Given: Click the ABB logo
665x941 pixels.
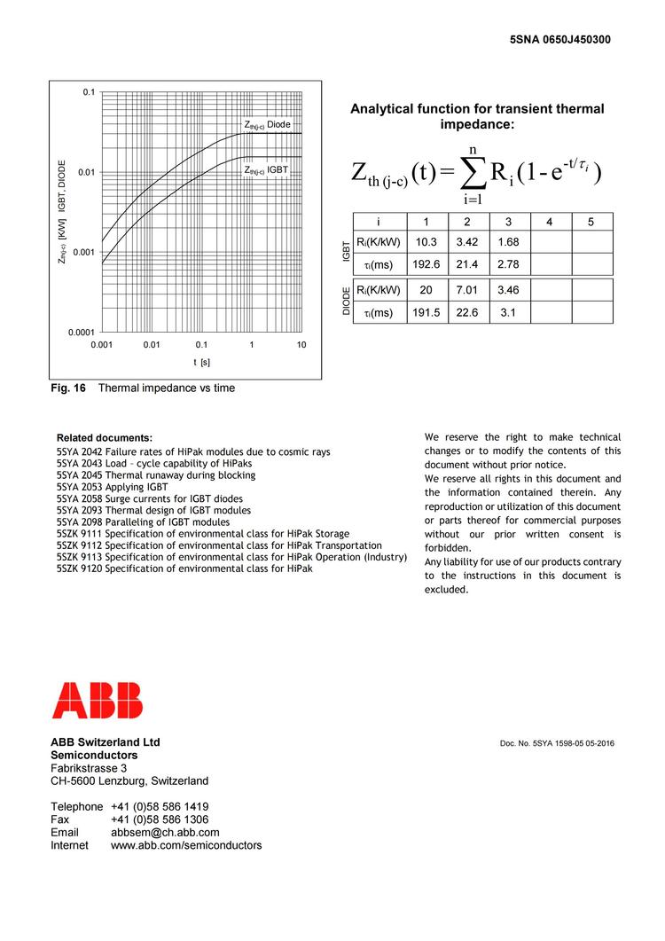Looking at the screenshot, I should pos(97,700).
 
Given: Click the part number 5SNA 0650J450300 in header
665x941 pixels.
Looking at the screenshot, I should pos(560,40).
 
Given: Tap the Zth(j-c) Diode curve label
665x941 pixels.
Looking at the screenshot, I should pos(268,125).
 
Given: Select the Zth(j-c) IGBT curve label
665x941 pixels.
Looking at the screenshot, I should pos(267,169).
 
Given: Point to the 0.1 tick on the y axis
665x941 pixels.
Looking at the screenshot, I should pos(89,92).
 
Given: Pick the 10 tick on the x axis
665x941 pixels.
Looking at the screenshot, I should pos(301,344).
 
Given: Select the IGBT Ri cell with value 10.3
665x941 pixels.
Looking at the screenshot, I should pos(426,242).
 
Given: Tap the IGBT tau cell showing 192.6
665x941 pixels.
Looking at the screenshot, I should pos(426,264).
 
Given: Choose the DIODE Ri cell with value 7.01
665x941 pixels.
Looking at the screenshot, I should pos(466,290).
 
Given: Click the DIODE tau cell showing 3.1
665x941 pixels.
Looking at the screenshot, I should pos(507,312).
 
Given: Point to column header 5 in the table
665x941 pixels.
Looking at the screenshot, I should pos(591,222).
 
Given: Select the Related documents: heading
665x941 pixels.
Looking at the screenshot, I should pos(104,438).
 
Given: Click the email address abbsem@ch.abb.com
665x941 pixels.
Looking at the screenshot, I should pos(165,833).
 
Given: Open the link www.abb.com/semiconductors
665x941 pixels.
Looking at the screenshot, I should pos(186,846).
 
